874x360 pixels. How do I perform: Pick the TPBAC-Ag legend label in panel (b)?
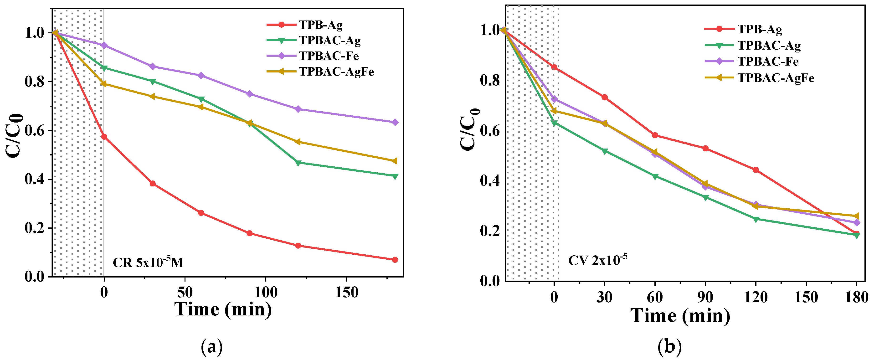tap(769, 46)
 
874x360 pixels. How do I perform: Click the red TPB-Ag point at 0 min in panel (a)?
tap(104, 137)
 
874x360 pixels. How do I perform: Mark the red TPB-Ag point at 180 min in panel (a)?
tap(395, 260)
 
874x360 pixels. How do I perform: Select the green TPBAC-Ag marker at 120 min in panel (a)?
tap(298, 163)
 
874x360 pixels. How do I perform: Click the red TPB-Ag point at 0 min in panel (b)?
tap(554, 67)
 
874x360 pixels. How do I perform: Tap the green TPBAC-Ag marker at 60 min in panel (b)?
tap(655, 176)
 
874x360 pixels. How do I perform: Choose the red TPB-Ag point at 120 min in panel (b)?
tap(756, 170)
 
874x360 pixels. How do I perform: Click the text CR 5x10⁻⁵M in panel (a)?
tap(148, 263)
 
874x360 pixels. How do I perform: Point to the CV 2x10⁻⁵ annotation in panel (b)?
tap(597, 260)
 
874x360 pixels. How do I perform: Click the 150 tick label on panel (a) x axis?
tap(346, 293)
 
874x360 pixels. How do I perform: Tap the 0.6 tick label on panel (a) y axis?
tap(35, 131)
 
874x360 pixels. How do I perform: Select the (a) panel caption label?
tap(212, 347)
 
